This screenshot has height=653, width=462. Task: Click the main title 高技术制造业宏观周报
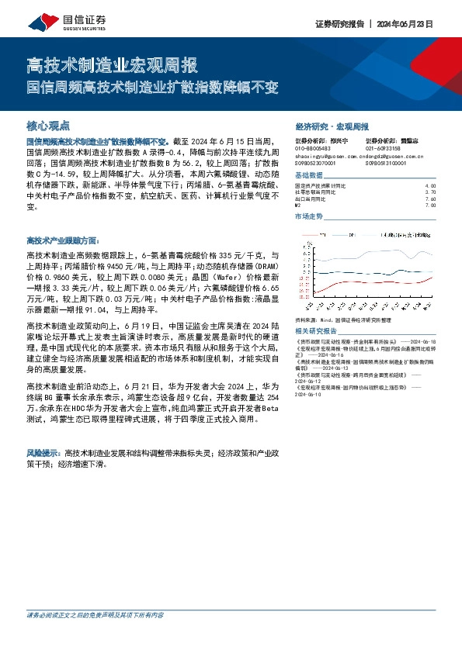click(113, 65)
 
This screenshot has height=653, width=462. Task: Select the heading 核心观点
click(48, 125)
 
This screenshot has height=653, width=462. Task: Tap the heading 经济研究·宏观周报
click(332, 126)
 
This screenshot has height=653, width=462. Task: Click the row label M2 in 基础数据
click(299, 205)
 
